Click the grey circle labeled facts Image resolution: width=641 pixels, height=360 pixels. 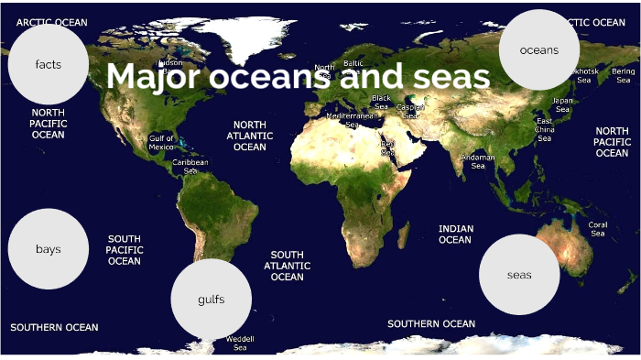point(49,64)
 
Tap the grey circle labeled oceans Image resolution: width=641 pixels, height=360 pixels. point(539,50)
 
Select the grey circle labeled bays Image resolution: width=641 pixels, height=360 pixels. point(48,249)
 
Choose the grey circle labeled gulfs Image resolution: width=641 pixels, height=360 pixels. point(212,299)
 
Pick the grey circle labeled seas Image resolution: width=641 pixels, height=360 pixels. point(519,275)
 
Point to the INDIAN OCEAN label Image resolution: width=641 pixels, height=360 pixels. point(455,235)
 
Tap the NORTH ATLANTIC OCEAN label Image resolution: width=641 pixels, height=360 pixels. point(249,136)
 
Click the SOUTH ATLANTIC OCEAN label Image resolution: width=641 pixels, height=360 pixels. point(287,266)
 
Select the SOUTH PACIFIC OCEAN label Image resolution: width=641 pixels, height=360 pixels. point(125,249)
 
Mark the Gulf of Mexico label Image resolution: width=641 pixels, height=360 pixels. point(161,143)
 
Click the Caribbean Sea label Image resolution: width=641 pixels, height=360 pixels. point(190,166)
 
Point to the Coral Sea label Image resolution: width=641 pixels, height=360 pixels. point(598,229)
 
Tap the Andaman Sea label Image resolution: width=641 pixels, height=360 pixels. point(478,161)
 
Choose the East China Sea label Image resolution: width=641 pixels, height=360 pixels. point(544,129)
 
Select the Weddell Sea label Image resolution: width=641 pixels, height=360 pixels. point(240,344)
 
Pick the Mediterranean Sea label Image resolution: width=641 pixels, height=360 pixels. point(352,120)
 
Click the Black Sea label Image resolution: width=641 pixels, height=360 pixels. point(381,102)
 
